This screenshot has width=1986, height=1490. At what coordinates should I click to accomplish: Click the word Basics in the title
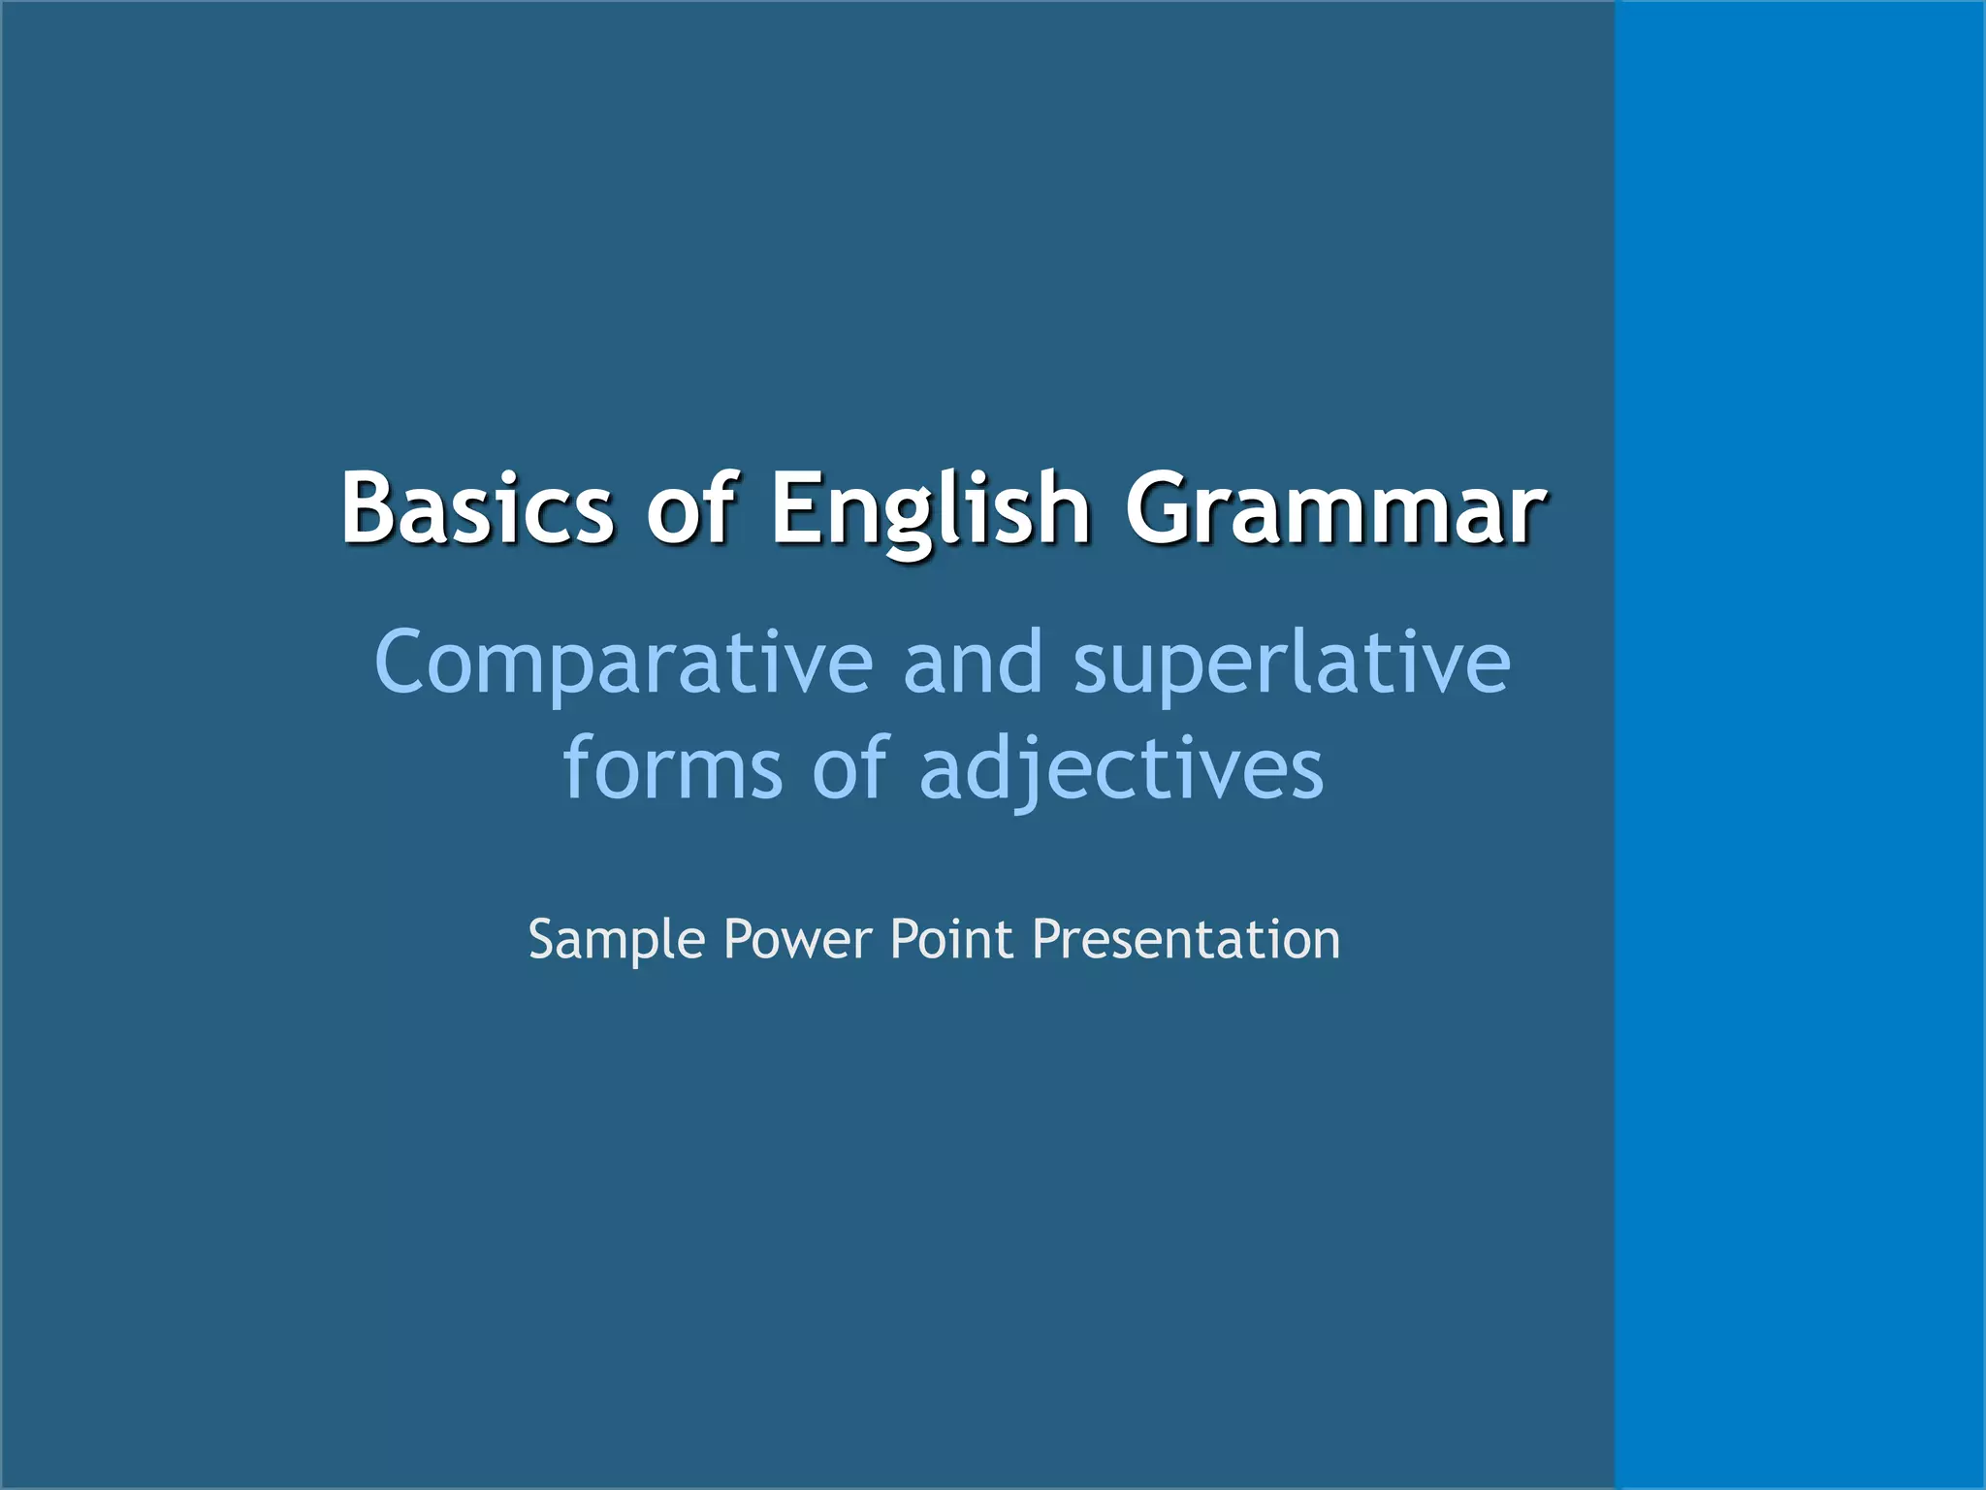tap(476, 508)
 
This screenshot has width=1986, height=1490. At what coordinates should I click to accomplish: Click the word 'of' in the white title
tap(692, 508)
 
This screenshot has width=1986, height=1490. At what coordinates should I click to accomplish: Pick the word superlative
tap(1292, 664)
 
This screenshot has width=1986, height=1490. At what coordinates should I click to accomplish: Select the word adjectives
tap(1121, 769)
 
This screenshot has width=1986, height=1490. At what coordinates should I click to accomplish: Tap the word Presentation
tap(1186, 939)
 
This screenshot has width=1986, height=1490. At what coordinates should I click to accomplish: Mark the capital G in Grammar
tap(1159, 508)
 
